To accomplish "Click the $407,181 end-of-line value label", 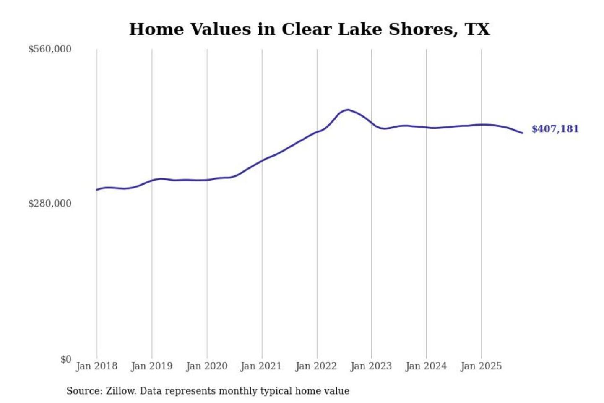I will coord(555,129).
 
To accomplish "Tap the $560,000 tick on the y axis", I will coord(49,49).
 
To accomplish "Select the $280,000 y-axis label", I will coord(49,204).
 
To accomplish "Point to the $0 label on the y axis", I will coord(65,359).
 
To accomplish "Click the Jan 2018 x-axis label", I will coord(96,366).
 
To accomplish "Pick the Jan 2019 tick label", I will coord(151,366).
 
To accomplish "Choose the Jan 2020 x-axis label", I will coord(206,366).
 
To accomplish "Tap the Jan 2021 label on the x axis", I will coord(261,366).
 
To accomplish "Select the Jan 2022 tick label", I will coord(316,366).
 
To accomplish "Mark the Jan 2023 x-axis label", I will coord(371,366).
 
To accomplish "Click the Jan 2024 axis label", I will coord(426,366).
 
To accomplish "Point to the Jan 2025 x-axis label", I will coord(481,366).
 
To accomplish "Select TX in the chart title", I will coord(477,29).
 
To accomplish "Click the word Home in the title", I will coord(156,29).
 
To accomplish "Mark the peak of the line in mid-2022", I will coord(348,110).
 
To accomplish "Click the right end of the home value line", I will coord(522,133).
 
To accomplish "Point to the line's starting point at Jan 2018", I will coord(97,190).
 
